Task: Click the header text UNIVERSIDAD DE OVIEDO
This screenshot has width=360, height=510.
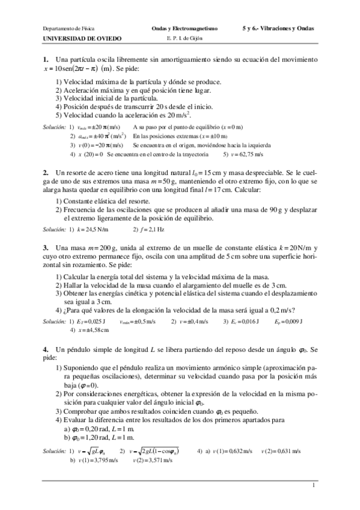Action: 82,37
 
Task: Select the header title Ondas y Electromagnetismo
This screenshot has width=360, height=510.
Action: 184,28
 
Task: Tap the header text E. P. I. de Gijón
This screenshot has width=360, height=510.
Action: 184,37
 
